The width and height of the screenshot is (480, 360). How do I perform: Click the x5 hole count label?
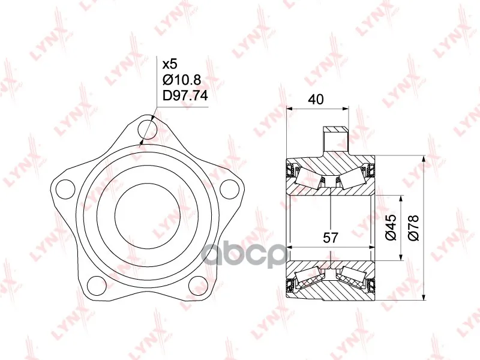pos(170,64)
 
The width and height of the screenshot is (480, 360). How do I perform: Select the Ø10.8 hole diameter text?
pos(182,80)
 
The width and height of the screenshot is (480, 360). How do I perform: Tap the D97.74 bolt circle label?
pos(185,96)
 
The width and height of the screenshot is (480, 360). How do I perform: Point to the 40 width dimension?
pos(316,100)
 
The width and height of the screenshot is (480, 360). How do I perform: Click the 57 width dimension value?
pos(331,238)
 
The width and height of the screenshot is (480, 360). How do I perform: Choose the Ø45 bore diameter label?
pos(391,227)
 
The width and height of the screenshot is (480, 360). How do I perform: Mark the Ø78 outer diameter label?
pos(413,227)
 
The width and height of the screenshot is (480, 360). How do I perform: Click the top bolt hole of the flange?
pos(147,130)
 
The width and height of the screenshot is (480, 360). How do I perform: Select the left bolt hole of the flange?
pos(66,188)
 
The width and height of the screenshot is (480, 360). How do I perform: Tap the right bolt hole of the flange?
pos(229,188)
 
